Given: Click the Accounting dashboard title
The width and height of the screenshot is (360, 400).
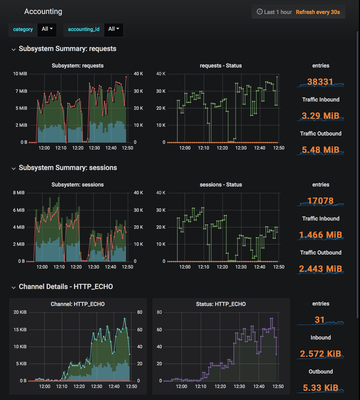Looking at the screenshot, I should click(x=43, y=11).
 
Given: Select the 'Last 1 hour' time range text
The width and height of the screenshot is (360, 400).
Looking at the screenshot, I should click(x=277, y=11).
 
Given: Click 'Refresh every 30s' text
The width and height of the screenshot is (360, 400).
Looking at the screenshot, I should click(x=317, y=11).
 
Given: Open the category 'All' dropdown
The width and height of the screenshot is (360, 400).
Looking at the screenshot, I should click(x=47, y=29).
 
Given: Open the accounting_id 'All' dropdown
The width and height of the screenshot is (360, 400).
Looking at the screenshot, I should click(x=113, y=29).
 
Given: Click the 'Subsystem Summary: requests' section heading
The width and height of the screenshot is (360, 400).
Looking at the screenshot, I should click(x=67, y=49).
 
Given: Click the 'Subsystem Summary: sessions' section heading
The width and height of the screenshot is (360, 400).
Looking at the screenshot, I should click(x=67, y=168).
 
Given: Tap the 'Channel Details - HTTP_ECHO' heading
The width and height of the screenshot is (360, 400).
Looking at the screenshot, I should click(x=65, y=287).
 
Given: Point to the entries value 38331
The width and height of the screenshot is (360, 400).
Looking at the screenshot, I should click(x=320, y=81).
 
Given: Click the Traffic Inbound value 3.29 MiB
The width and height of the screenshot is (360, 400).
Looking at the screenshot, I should click(x=320, y=116).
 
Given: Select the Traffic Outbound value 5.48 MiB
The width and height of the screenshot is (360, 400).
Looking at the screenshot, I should click(x=320, y=150).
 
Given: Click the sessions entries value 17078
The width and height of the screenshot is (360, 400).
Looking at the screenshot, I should click(x=320, y=201).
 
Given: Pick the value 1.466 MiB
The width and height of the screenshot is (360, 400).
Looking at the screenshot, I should click(x=320, y=235).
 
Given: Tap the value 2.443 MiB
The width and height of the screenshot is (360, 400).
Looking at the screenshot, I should click(x=320, y=269).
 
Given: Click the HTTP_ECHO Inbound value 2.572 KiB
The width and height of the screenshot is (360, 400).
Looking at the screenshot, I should click(x=320, y=354).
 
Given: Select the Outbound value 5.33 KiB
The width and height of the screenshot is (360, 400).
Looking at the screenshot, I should click(x=320, y=388).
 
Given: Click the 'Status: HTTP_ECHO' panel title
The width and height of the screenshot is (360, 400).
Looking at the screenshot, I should click(x=220, y=304).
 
